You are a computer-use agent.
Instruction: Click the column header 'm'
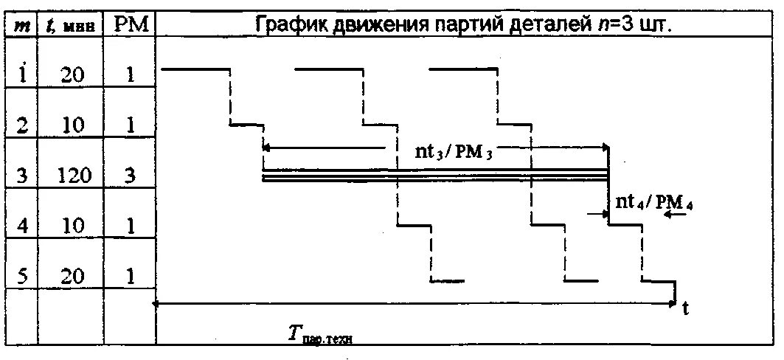coord(22,25)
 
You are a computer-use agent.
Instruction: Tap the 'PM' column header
coord(130,24)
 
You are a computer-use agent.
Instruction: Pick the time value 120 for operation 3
coord(76,176)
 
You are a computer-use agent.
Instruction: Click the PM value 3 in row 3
coord(130,176)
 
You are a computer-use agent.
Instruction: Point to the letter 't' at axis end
coord(685,310)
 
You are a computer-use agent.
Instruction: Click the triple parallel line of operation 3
coord(435,175)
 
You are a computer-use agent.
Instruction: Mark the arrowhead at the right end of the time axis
coord(674,302)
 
